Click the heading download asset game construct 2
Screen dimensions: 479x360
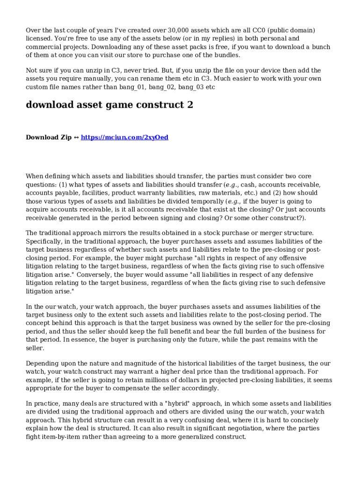click(x=109, y=105)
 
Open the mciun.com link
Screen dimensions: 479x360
click(x=124, y=138)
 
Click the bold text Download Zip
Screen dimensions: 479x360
click(x=48, y=138)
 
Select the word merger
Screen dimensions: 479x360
click(x=260, y=232)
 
